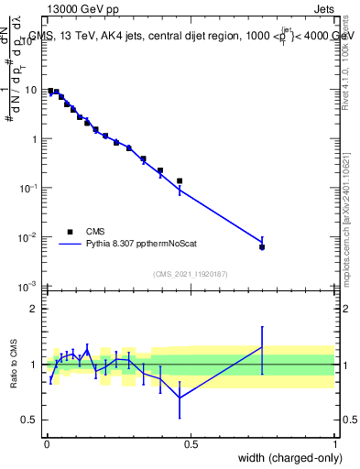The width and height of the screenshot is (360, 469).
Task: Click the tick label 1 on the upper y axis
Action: tap(34, 139)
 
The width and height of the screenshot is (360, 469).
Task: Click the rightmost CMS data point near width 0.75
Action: tap(262, 247)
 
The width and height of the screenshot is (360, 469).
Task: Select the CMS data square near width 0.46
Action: tap(180, 181)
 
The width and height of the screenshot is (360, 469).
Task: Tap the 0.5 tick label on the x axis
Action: tap(191, 443)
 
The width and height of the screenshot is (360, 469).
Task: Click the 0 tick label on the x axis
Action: tap(47, 443)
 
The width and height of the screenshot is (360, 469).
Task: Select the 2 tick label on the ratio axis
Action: tap(33, 309)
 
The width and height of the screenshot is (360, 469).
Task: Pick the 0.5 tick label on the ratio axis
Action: tap(28, 420)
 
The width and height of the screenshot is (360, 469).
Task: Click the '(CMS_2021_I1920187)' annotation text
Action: tap(191, 275)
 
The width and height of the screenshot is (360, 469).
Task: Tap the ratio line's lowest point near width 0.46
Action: tap(180, 398)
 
